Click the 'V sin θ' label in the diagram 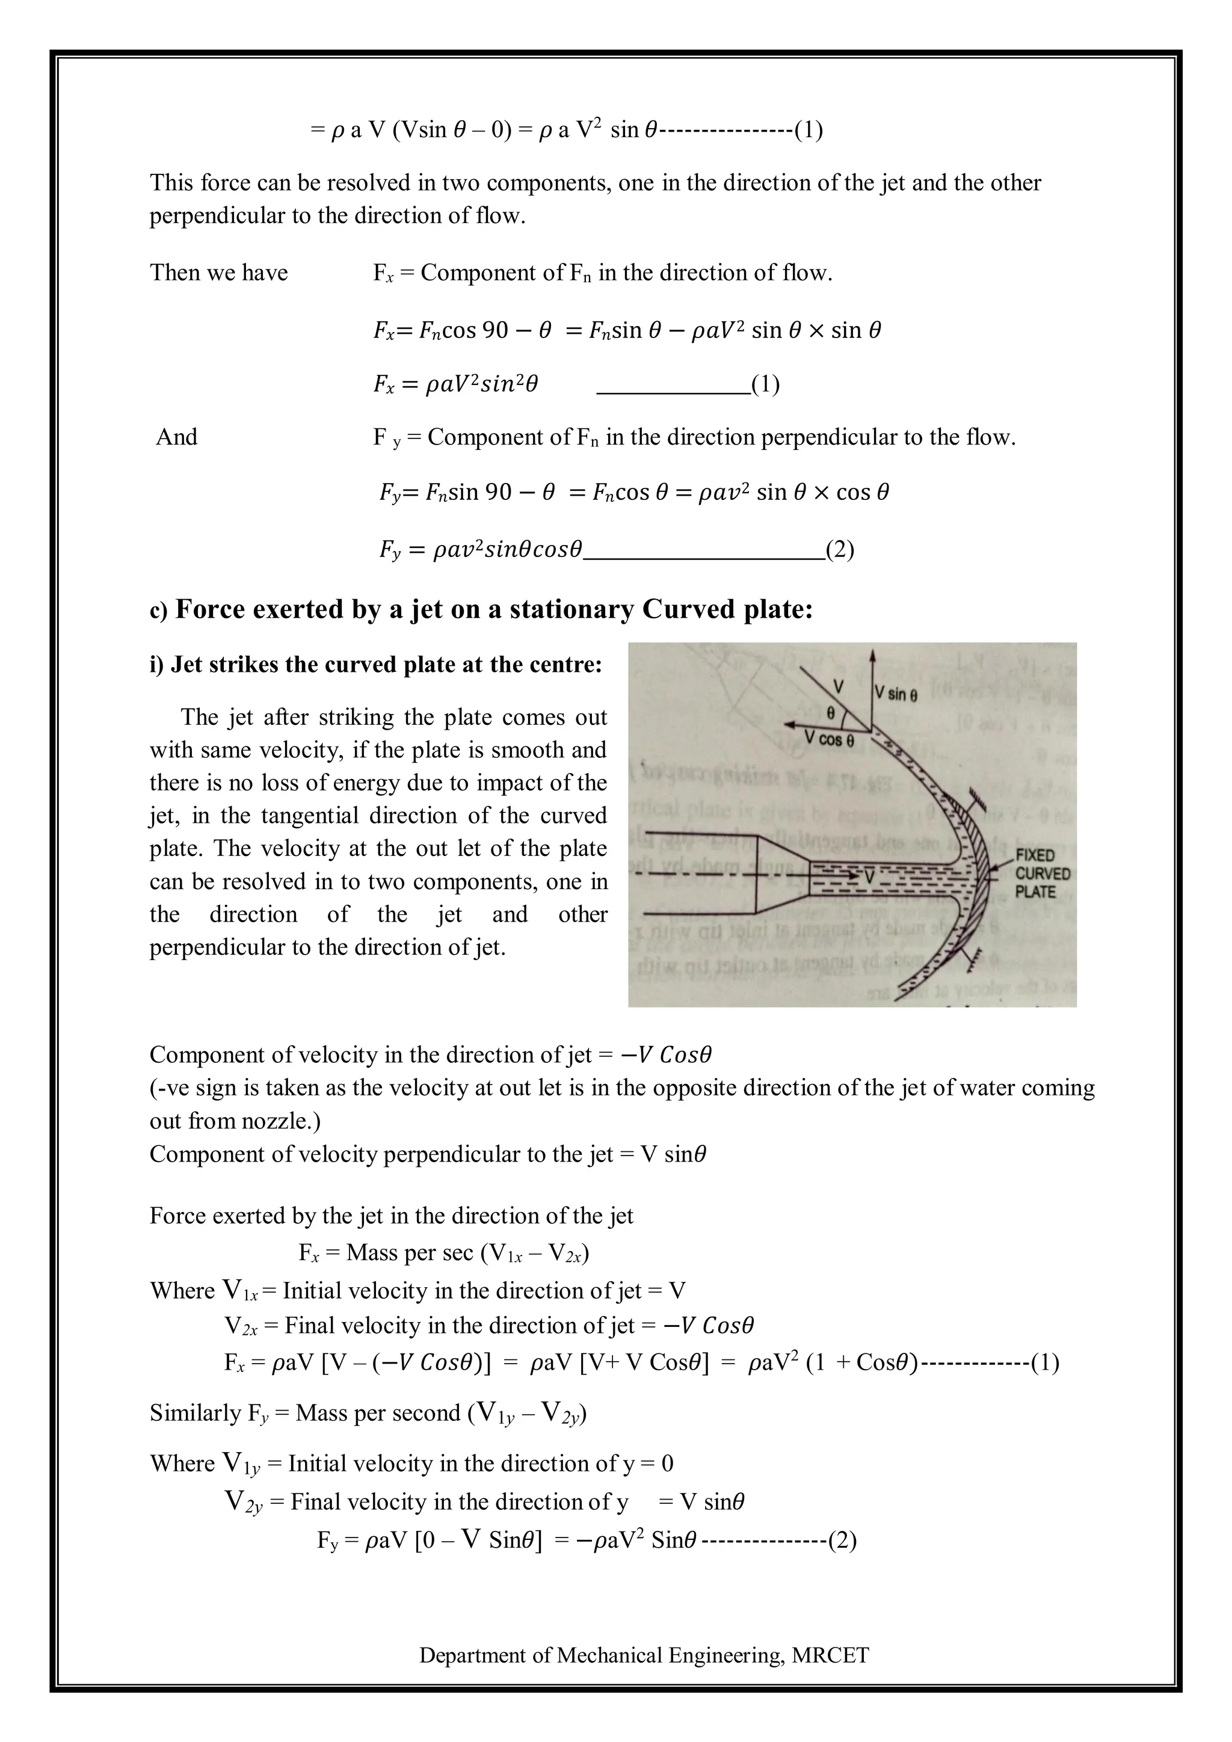pos(896,694)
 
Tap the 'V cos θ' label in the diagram pos(829,739)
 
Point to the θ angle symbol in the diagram pos(831,714)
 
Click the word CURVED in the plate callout pos(1043,874)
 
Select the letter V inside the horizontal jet pos(869,877)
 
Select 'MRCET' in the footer pos(830,1655)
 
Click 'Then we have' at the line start pos(218,272)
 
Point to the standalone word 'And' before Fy pos(177,437)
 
